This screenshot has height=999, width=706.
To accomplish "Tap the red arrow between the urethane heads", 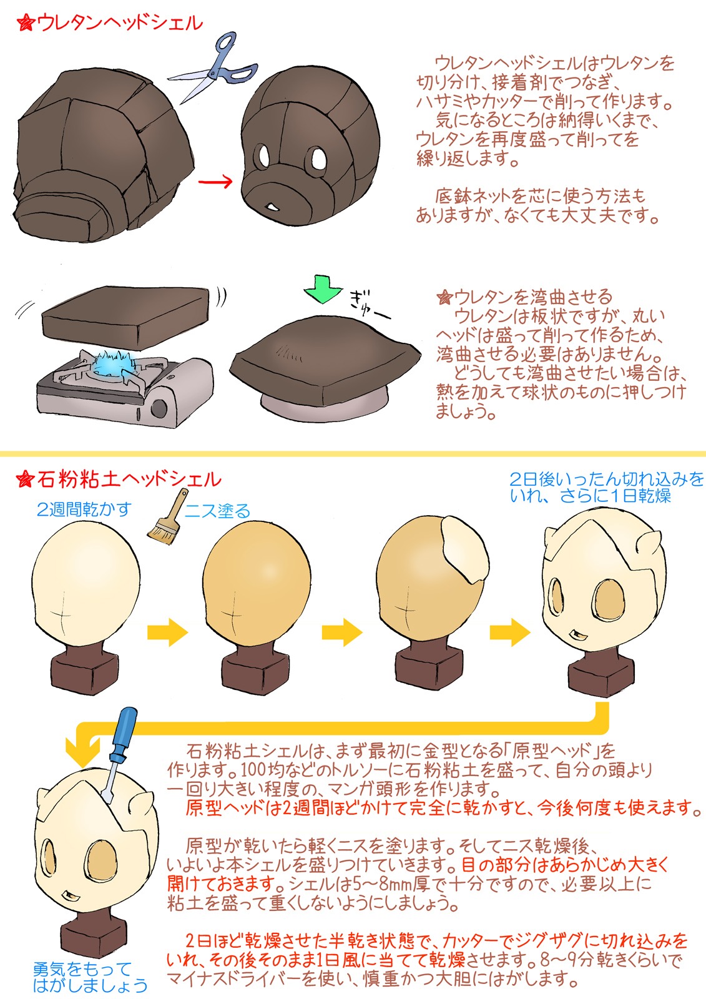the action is [215, 182].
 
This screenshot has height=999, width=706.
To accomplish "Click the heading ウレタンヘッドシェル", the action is [120, 23].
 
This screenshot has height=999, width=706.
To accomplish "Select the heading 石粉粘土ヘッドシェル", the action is [129, 480].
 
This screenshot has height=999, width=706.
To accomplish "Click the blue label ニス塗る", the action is [218, 511].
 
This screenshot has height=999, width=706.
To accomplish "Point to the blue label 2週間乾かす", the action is [84, 509].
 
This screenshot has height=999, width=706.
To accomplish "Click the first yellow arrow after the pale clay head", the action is [168, 632].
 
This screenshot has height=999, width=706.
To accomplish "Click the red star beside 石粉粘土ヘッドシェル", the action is [25, 480].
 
